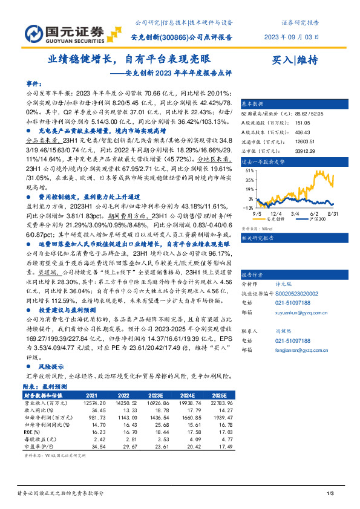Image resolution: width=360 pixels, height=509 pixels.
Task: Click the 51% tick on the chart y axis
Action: tap(249, 170)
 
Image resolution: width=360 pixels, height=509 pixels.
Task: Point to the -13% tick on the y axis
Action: tap(248, 207)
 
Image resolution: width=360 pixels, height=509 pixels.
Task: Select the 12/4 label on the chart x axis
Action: tap(277, 213)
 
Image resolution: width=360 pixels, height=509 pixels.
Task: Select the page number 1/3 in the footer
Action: tap(329, 494)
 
